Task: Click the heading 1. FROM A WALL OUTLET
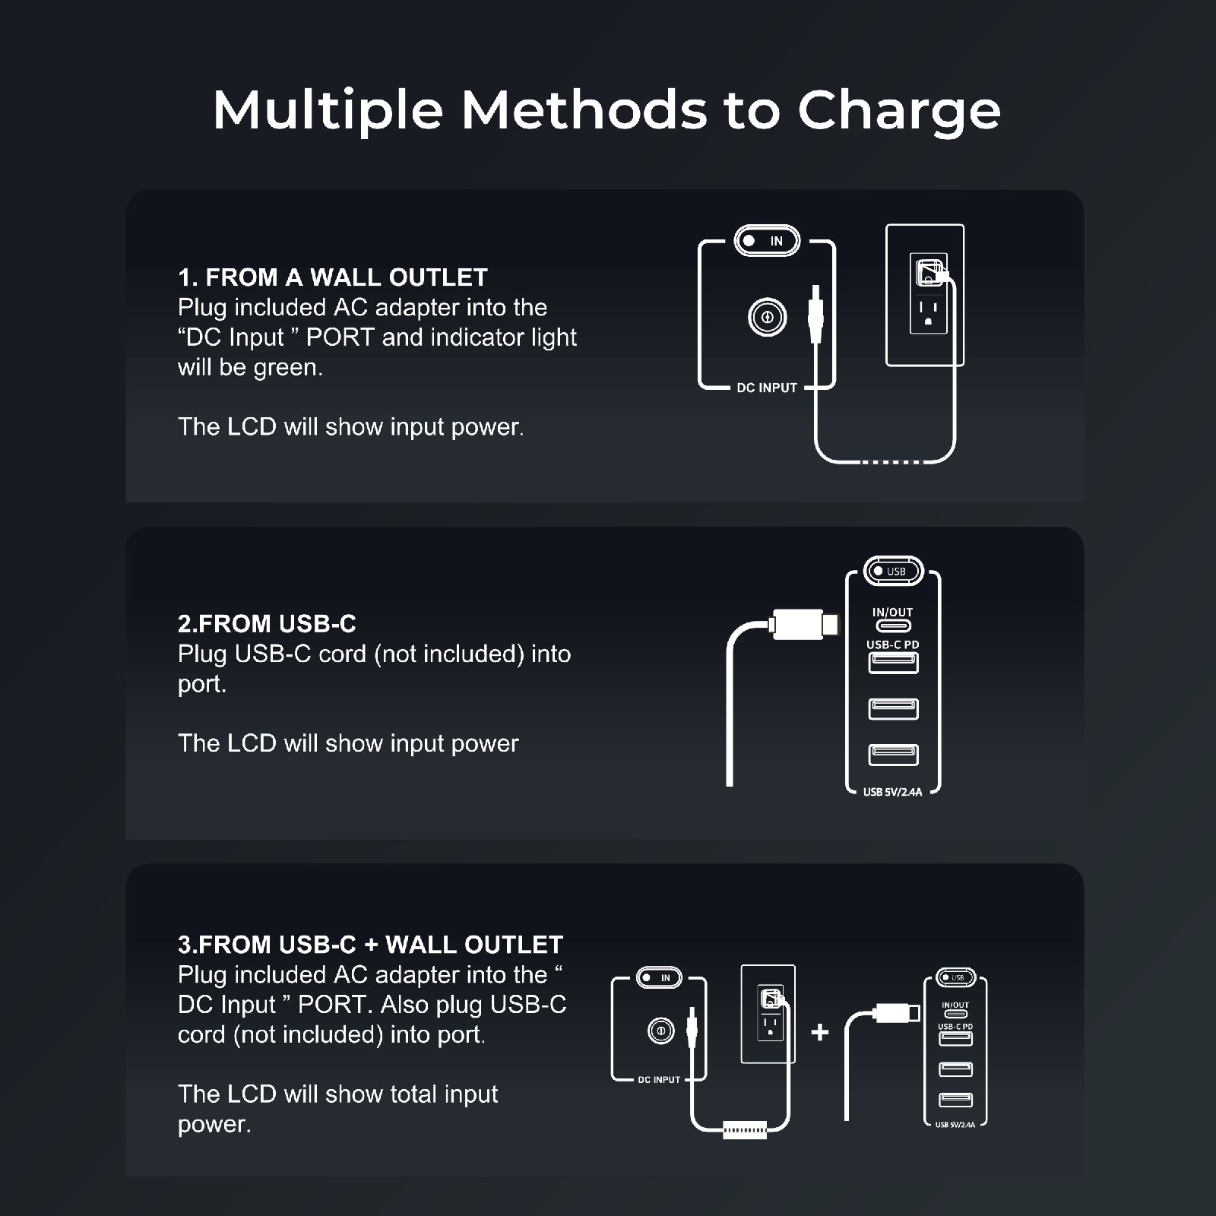coord(333,277)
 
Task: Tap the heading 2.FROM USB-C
coord(267,624)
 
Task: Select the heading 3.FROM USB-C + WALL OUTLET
coord(370,945)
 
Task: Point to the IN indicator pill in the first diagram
coord(767,241)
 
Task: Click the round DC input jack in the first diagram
coord(767,317)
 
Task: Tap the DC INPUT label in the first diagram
coord(767,388)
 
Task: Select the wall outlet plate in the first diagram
coord(925,295)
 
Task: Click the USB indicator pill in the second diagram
coord(894,571)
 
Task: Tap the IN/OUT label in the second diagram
coord(893,613)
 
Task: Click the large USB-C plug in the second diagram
coord(803,624)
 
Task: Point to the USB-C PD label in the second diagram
coord(893,644)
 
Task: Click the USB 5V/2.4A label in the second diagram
coord(893,792)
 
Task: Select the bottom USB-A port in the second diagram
coord(894,755)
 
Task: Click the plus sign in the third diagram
coord(820,1032)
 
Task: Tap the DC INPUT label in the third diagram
coord(659,1080)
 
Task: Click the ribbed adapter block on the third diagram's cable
coord(745,1131)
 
